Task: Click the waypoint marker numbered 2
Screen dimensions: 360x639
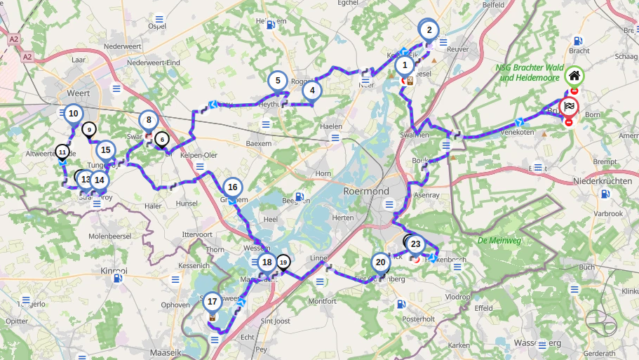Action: (x=429, y=30)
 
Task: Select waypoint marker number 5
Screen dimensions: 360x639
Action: (x=278, y=81)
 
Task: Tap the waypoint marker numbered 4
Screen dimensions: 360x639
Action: (x=312, y=91)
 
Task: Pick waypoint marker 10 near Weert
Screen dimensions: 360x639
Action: (x=73, y=113)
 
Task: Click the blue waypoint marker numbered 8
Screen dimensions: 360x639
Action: (x=149, y=120)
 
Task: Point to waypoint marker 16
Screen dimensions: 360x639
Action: (x=233, y=187)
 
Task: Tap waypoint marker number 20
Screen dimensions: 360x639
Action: (x=380, y=262)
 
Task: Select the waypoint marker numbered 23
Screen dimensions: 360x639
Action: (x=416, y=244)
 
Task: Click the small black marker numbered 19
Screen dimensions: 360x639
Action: (x=283, y=262)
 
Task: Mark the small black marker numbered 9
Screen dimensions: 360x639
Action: (x=89, y=129)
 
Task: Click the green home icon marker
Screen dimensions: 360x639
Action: (x=574, y=76)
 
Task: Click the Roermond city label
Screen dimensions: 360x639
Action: (x=366, y=191)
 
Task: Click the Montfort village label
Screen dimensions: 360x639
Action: (x=322, y=301)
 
